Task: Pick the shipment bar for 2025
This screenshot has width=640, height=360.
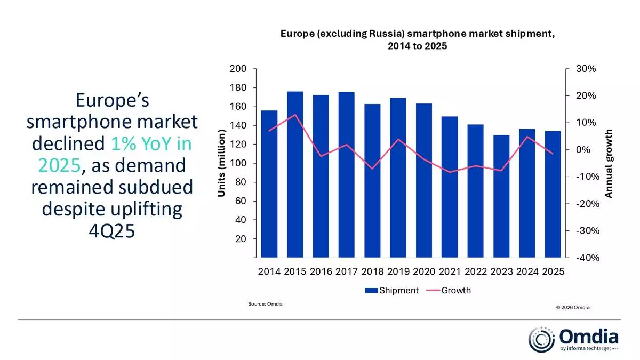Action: click(553, 194)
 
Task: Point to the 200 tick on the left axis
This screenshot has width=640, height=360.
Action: click(238, 69)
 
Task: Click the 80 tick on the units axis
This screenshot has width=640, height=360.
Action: click(241, 182)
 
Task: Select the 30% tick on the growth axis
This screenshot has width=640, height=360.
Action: click(586, 69)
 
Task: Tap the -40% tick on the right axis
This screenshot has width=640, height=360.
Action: click(585, 258)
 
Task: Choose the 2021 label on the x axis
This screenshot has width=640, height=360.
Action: click(450, 272)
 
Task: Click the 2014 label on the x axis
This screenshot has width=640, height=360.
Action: click(269, 272)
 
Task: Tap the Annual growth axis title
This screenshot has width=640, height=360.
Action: click(609, 163)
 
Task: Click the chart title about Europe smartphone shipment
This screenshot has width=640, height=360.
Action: click(418, 40)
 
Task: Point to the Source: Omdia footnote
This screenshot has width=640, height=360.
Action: click(265, 303)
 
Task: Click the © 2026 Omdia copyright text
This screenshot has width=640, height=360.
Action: click(572, 307)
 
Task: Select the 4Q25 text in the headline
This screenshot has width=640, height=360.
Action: click(112, 231)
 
